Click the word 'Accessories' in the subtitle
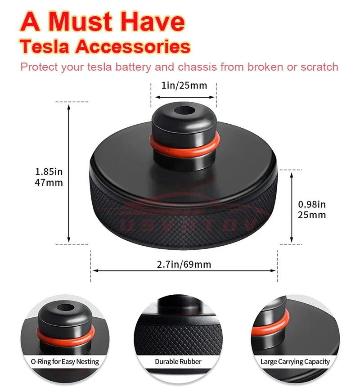pyautogui.click(x=133, y=46)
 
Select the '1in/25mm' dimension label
pyautogui.click(x=184, y=85)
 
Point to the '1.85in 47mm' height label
pyautogui.click(x=49, y=177)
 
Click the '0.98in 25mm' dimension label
pyautogui.click(x=312, y=209)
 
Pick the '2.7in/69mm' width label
pyautogui.click(x=184, y=264)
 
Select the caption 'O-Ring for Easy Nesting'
pyautogui.click(x=65, y=361)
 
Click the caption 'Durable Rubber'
pyautogui.click(x=178, y=361)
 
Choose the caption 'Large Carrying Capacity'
pyautogui.click(x=295, y=361)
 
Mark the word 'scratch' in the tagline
pyautogui.click(x=320, y=67)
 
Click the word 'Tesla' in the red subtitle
pyautogui.click(x=44, y=46)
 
